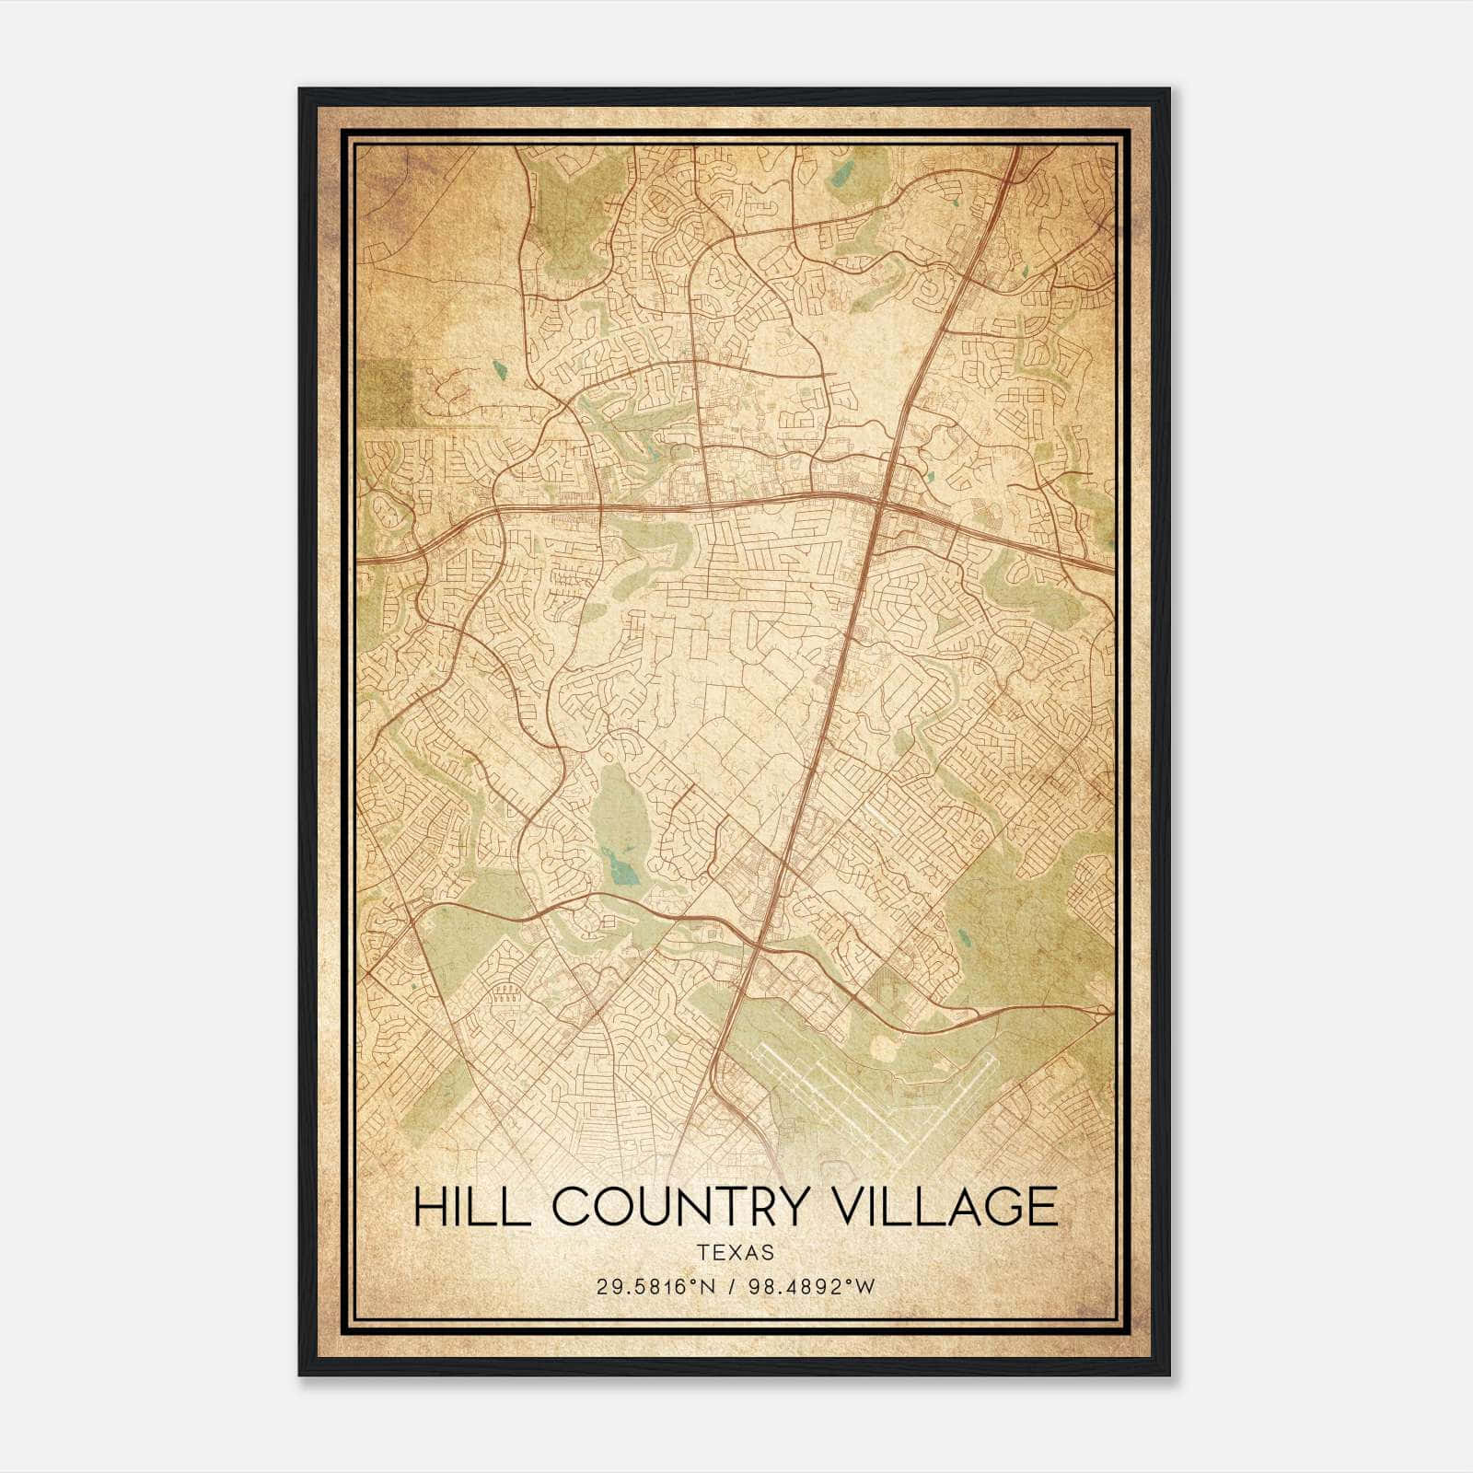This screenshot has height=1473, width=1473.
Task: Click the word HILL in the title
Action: click(471, 1207)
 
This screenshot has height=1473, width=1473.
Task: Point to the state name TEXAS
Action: click(736, 1252)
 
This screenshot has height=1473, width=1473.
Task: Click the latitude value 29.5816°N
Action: click(655, 1286)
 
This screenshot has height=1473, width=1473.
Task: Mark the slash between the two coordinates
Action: click(731, 1286)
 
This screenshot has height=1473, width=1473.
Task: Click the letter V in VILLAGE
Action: click(860, 1207)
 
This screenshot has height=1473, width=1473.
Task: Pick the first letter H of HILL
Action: click(430, 1207)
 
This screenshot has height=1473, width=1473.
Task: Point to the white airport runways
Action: click(875, 1096)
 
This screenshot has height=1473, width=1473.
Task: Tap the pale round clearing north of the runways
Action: click(882, 1047)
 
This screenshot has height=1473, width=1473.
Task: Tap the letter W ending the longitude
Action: click(865, 1286)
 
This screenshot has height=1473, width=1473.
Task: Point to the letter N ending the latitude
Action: click(710, 1286)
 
